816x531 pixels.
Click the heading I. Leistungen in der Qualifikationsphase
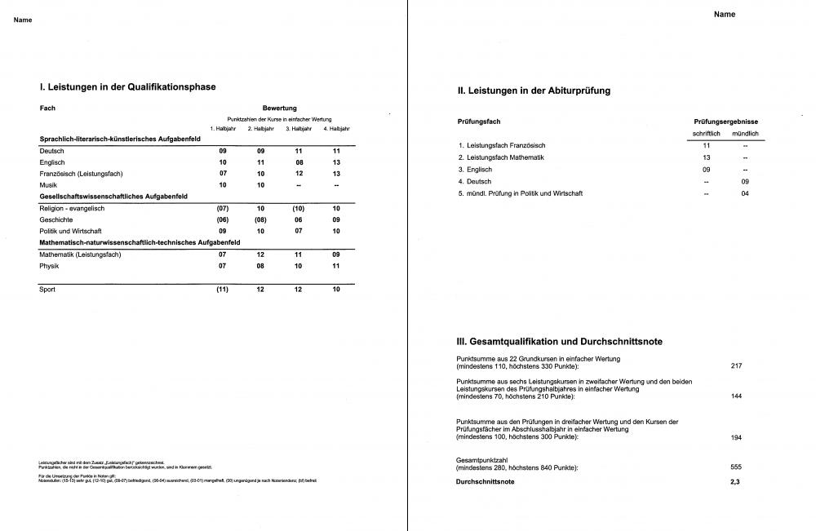[128, 86]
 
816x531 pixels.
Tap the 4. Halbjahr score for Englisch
[336, 162]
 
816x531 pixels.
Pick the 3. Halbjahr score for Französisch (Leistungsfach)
[299, 174]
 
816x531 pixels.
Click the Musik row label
[48, 185]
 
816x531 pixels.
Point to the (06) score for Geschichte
[222, 219]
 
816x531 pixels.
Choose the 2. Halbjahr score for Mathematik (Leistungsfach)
[261, 254]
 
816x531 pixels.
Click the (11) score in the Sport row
[222, 289]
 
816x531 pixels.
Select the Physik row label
[50, 265]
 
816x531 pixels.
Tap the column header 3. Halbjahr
[299, 129]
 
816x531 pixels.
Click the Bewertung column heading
[279, 108]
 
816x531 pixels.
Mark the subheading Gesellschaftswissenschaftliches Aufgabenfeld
[113, 197]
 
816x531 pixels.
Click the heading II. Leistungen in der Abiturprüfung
[534, 91]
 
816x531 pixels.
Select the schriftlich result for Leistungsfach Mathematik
[707, 157]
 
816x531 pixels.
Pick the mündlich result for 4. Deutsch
[745, 181]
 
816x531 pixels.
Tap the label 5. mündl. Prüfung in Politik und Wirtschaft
[521, 193]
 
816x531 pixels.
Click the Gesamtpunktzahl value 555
[736, 467]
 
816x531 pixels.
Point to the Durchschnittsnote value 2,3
[736, 482]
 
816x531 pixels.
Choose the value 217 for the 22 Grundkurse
[736, 365]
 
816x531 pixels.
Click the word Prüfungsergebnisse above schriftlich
[725, 122]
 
